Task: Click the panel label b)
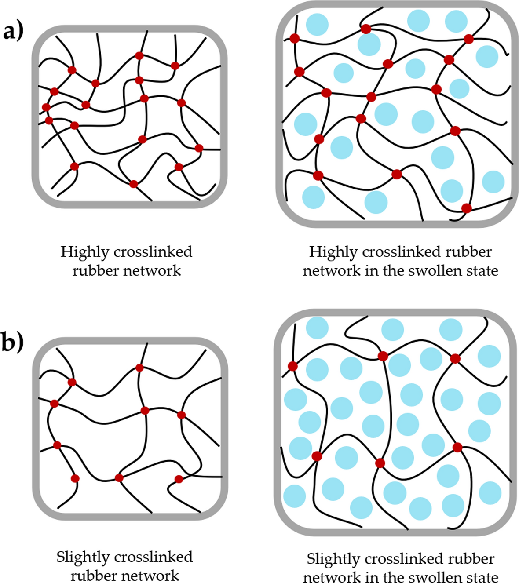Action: point(12,343)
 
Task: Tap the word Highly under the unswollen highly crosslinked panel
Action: point(84,252)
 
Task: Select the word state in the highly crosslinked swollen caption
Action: point(482,270)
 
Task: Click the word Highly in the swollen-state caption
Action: point(333,252)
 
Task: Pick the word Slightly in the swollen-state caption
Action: point(333,559)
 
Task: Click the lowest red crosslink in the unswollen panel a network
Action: point(134,184)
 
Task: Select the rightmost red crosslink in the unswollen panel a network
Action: point(199,148)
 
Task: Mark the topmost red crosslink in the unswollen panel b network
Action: point(139,368)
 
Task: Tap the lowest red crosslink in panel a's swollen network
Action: point(466,208)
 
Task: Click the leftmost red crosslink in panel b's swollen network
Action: point(292,366)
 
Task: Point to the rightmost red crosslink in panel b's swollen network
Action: point(457,448)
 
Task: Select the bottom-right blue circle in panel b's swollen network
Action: point(490,492)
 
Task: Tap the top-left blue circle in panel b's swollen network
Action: point(317,327)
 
